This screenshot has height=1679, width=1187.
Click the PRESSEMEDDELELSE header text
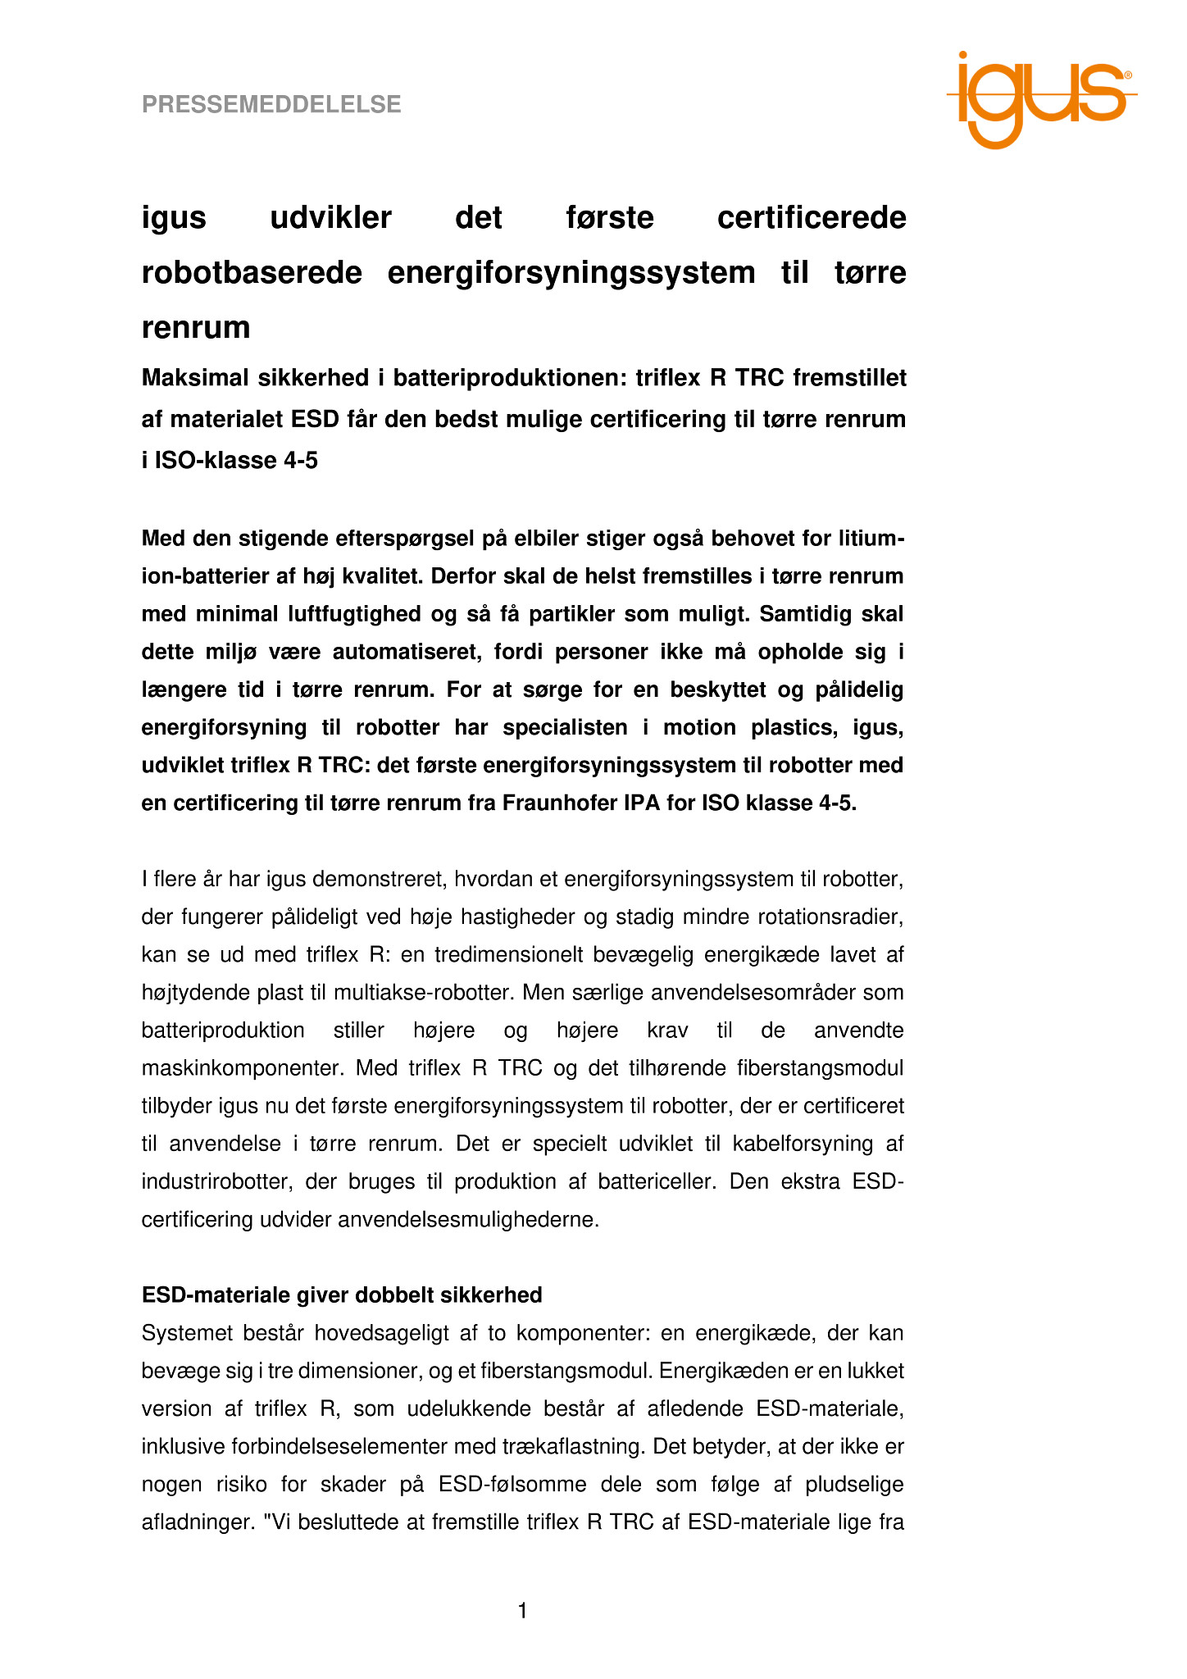[271, 105]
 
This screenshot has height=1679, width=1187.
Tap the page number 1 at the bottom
[522, 1612]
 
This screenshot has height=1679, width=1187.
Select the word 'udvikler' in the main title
[330, 218]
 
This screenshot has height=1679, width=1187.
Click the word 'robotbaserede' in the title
[252, 273]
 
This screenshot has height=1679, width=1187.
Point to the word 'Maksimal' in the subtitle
[195, 378]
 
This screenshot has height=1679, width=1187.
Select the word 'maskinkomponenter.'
[234, 1068]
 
